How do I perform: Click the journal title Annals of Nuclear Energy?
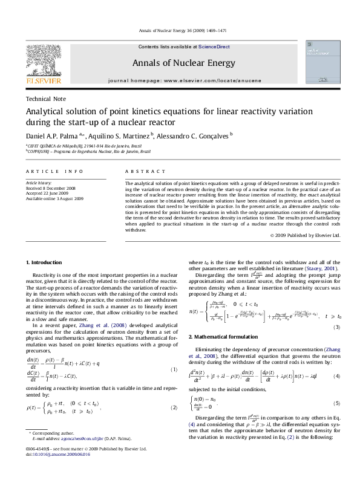click(180, 62)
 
